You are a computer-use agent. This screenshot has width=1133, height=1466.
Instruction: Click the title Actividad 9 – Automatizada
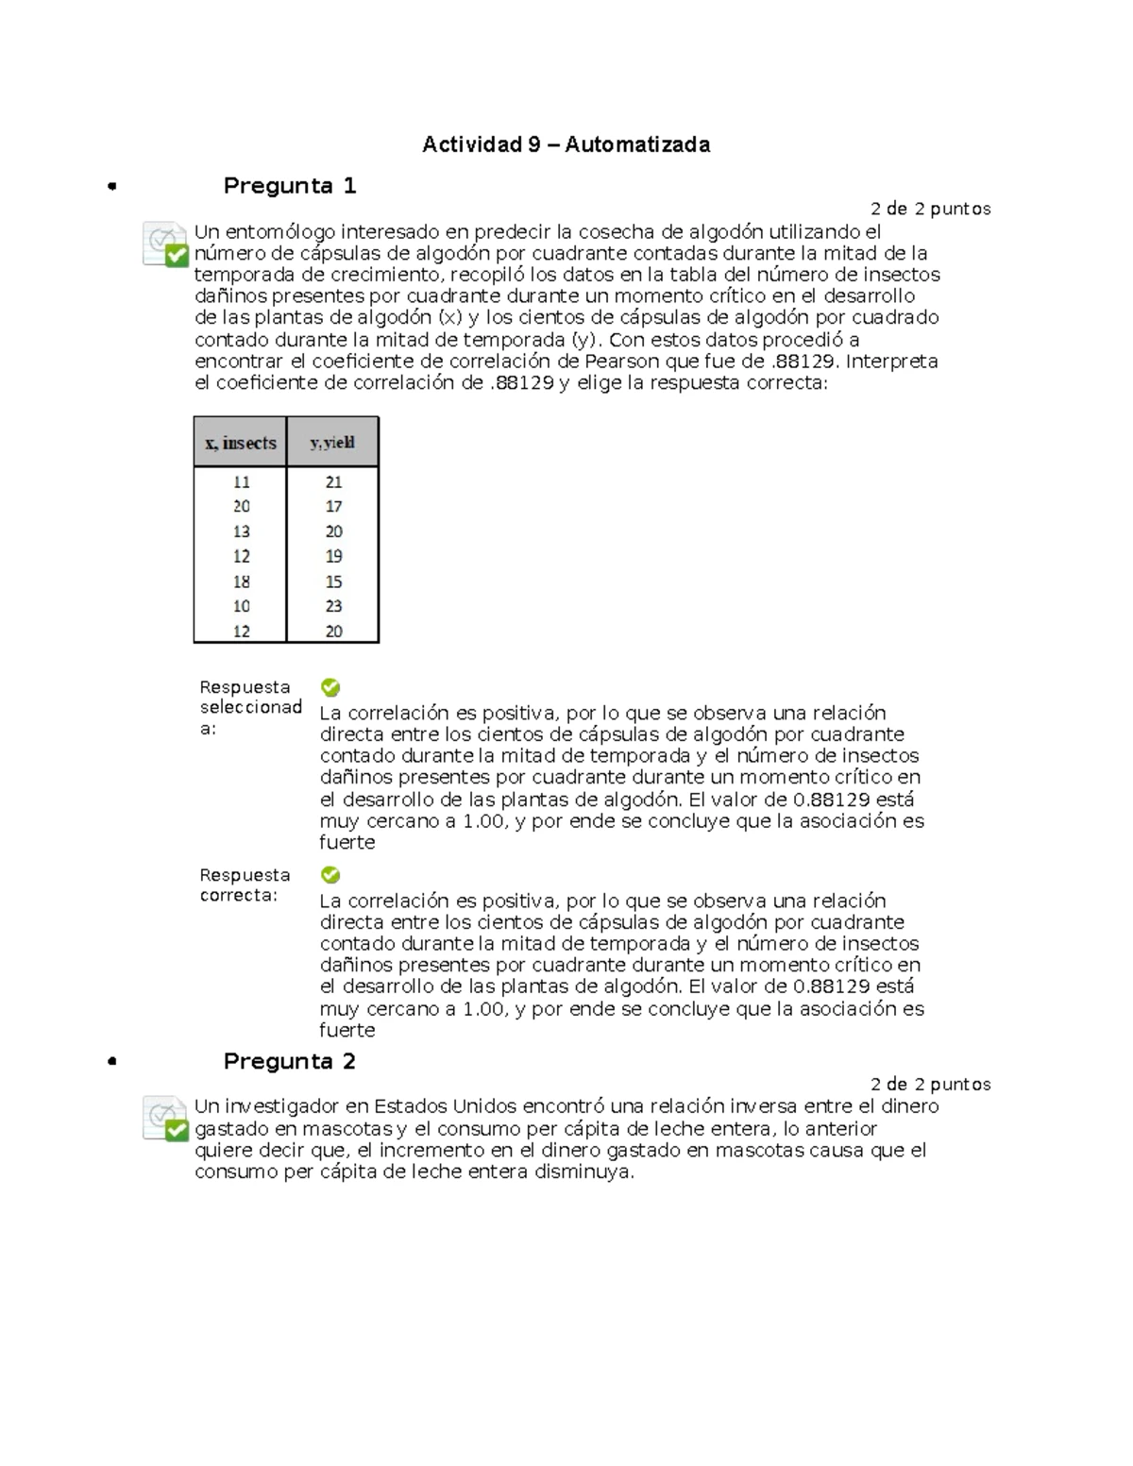coord(566,144)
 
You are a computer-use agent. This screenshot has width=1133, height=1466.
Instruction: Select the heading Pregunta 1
coord(289,186)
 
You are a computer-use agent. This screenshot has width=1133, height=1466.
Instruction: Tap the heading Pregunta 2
coord(289,1061)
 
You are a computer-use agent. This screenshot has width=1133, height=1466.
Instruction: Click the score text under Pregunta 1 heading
coord(930,209)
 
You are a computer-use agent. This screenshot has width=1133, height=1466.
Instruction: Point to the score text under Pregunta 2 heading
coord(930,1084)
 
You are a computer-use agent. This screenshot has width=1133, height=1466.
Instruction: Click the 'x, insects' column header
coord(241,443)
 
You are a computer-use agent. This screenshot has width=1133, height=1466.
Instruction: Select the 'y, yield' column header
coord(332,443)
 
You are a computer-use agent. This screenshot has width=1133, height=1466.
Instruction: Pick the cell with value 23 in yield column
coord(333,606)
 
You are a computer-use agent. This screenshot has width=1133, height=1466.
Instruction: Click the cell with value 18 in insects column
coord(242,581)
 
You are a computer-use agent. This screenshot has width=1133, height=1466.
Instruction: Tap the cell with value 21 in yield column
coord(333,481)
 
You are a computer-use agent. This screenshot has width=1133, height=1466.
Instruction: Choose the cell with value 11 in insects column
coord(242,481)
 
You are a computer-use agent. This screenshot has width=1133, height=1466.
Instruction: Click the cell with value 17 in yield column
coord(333,507)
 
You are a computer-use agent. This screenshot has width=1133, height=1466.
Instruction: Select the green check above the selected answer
coord(330,687)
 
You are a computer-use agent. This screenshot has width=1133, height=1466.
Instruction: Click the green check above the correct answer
coord(330,875)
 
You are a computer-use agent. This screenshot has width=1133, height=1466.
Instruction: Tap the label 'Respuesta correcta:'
coord(244,885)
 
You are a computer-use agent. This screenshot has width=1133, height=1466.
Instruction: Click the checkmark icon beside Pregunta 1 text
coord(166,244)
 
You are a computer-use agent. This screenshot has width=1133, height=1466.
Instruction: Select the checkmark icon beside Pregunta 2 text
coord(166,1119)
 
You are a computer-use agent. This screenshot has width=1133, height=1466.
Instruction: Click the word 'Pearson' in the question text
coord(617,362)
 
